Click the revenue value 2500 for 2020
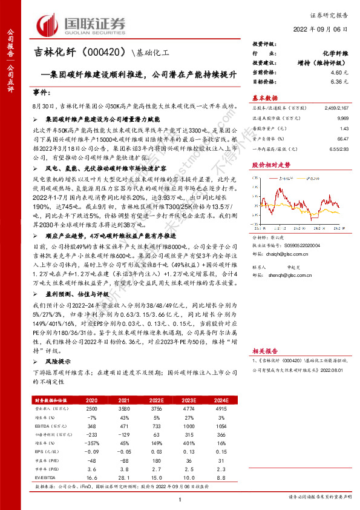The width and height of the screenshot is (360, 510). point(93,409)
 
